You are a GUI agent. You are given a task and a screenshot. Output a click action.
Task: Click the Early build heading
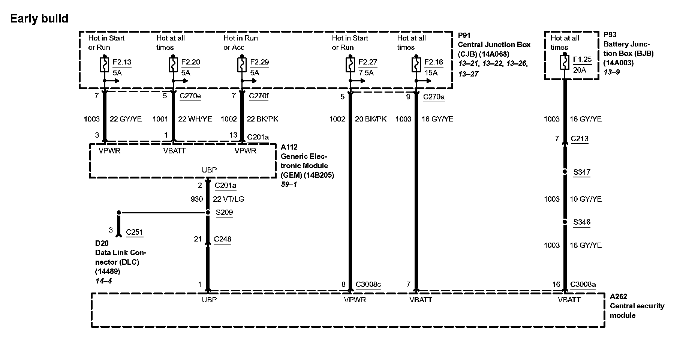[x=39, y=18]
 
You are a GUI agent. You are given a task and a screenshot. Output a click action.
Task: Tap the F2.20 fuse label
[x=190, y=62]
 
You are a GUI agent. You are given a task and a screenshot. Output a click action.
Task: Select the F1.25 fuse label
[x=582, y=60]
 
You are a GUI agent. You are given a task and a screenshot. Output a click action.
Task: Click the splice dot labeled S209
[x=208, y=213]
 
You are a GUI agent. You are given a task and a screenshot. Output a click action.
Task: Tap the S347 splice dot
[x=565, y=172]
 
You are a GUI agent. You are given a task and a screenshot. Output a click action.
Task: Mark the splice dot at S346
[x=565, y=222]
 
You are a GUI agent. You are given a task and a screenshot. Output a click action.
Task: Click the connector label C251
[x=135, y=232]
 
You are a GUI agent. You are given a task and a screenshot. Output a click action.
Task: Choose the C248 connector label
[x=223, y=239]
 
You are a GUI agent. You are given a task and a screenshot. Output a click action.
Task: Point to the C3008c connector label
[x=368, y=284]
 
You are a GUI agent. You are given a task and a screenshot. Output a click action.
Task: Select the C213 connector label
[x=580, y=139]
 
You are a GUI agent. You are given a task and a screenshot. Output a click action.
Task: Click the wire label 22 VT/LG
[x=229, y=199]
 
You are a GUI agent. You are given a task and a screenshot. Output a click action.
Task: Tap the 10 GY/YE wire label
[x=586, y=199]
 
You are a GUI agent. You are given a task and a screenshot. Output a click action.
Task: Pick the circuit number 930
[x=197, y=199]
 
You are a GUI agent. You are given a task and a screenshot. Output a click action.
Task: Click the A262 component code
[x=619, y=297]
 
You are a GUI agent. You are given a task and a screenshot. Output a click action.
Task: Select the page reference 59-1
[x=289, y=184]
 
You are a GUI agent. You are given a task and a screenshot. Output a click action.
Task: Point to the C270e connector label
[x=190, y=96]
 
